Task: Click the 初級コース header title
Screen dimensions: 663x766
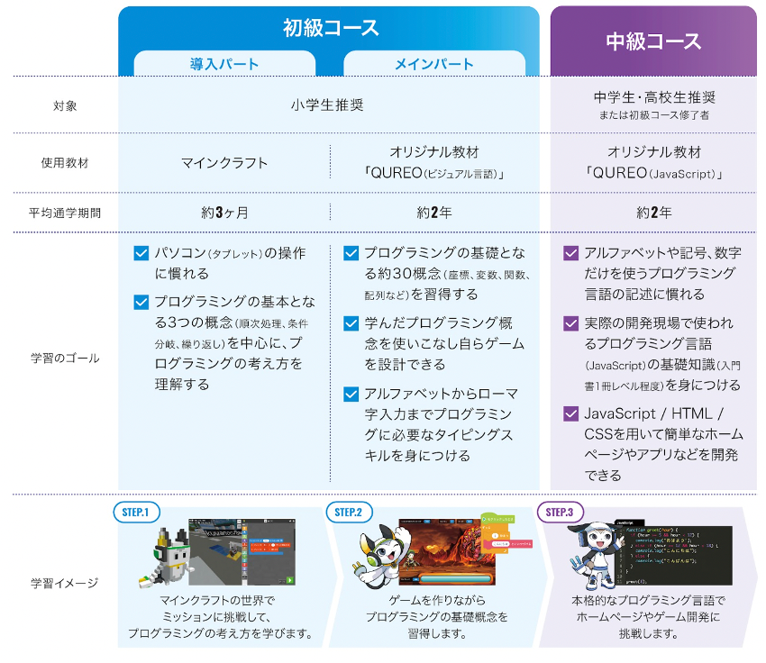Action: pos(331,27)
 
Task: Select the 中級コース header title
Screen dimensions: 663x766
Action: pos(653,41)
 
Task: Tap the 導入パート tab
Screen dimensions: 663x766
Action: pos(224,64)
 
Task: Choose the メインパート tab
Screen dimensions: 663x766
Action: pos(434,64)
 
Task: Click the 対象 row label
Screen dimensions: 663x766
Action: pos(65,106)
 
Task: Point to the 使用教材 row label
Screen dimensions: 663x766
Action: pos(65,164)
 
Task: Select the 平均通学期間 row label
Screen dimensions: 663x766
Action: pos(65,213)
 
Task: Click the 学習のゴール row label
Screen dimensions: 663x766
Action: pos(65,358)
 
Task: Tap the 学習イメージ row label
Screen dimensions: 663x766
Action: pos(65,583)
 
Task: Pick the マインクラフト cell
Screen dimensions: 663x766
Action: pos(224,163)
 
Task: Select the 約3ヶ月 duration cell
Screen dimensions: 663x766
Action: pos(224,213)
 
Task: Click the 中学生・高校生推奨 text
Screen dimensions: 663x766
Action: pos(654,97)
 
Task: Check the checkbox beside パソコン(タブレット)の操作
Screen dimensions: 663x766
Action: pos(141,253)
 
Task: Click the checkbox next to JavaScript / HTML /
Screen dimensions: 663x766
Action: pos(570,413)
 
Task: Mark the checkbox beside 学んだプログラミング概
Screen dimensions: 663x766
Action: pos(351,322)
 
